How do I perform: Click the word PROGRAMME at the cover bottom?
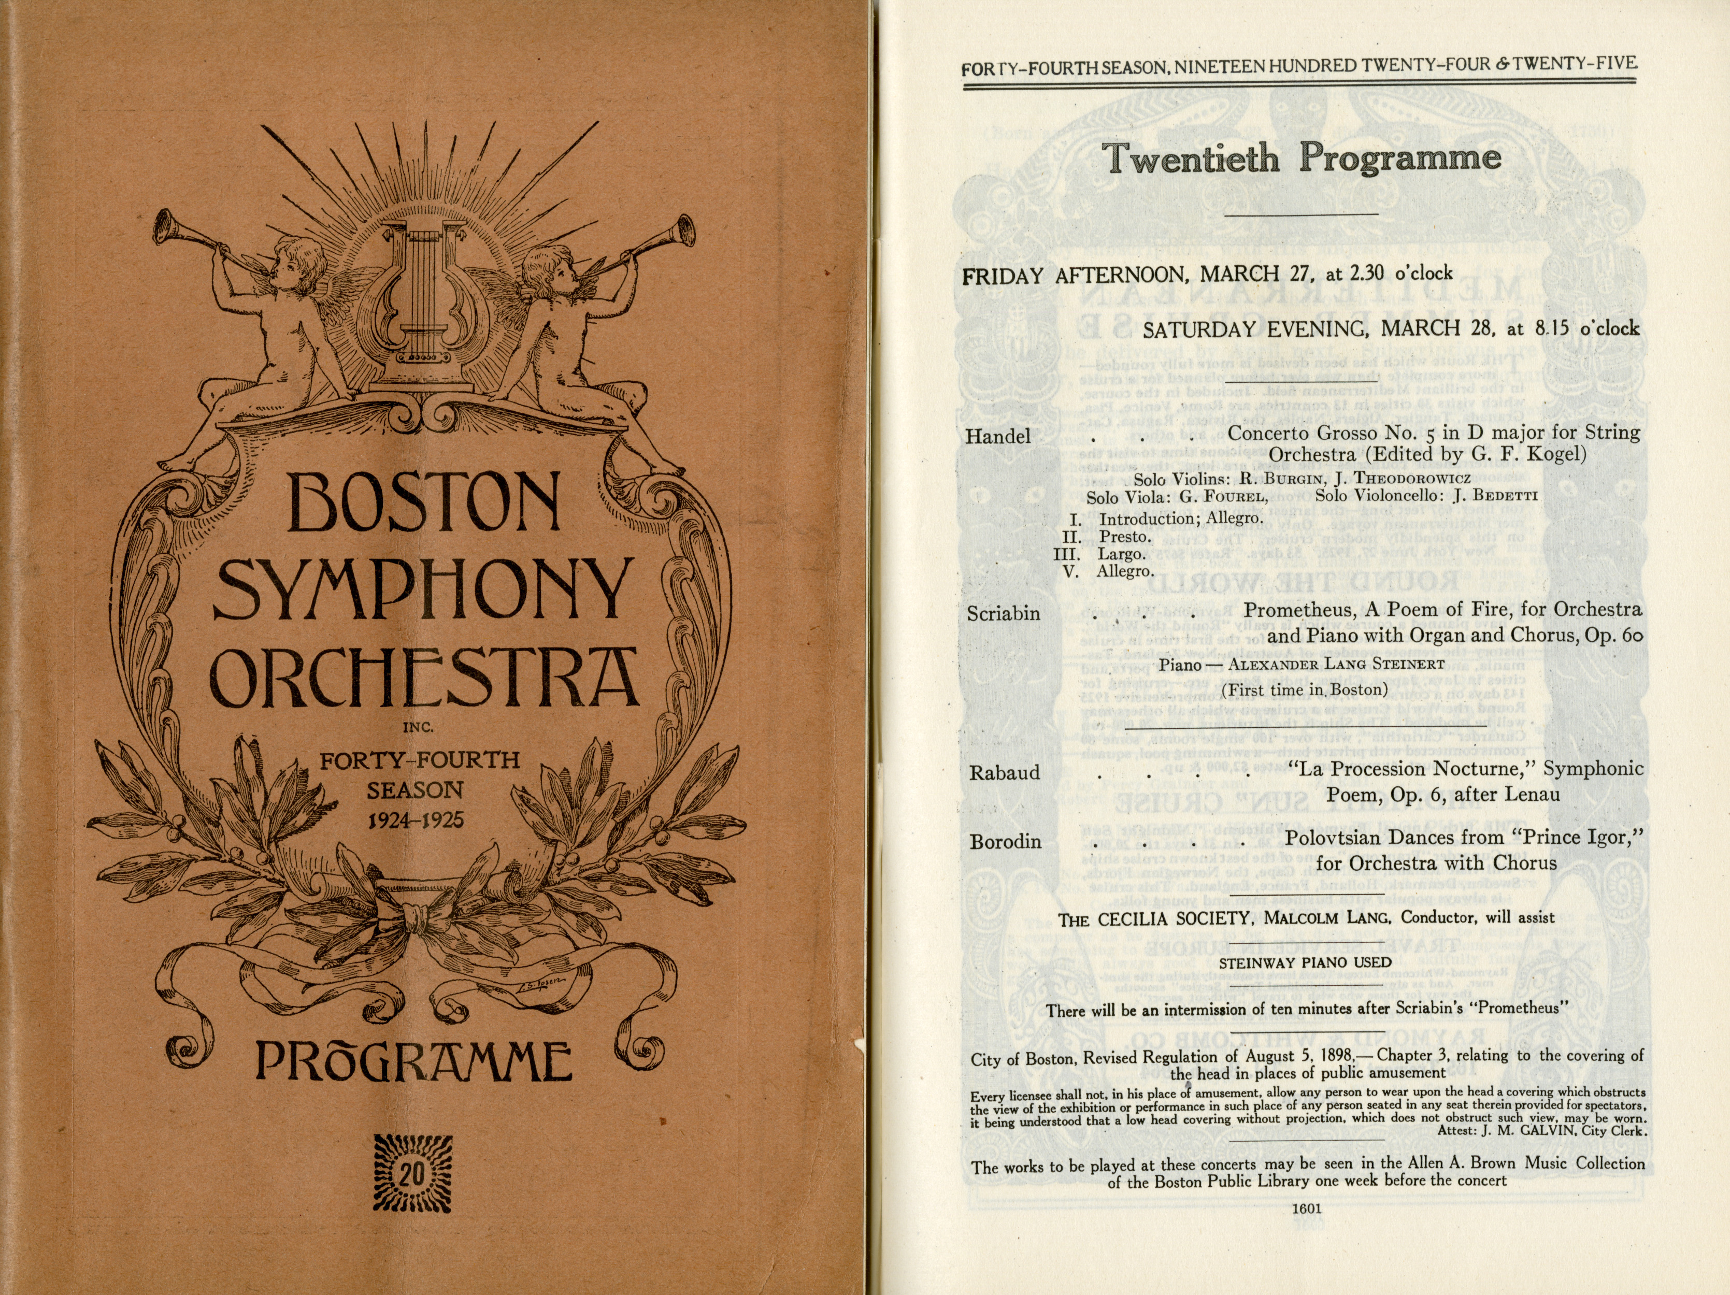pyautogui.click(x=414, y=1062)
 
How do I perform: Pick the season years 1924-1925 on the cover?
pyautogui.click(x=416, y=821)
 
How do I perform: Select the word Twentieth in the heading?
pyautogui.click(x=1192, y=159)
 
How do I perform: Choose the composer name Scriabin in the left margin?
pyautogui.click(x=1004, y=614)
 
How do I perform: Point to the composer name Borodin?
pyautogui.click(x=1005, y=841)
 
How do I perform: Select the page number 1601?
pyautogui.click(x=1306, y=1208)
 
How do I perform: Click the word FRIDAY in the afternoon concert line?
pyautogui.click(x=1003, y=276)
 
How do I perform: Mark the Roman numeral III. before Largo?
pyautogui.click(x=1067, y=554)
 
